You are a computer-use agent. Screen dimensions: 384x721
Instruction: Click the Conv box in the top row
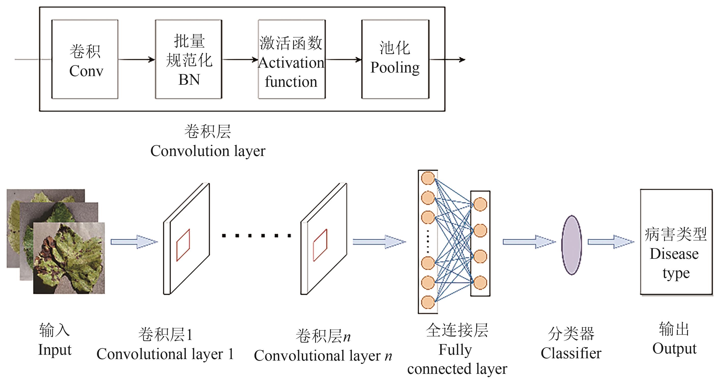point(85,59)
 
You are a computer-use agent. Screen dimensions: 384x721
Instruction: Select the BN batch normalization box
point(189,59)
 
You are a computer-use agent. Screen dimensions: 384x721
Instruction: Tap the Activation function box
point(292,59)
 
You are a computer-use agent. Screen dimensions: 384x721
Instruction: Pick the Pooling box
point(395,59)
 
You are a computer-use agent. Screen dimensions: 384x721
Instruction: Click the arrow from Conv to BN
point(137,59)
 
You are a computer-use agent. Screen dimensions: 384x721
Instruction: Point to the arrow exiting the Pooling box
point(447,59)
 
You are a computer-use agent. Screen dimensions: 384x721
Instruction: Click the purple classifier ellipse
point(571,245)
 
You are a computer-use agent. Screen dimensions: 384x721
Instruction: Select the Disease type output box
point(676,242)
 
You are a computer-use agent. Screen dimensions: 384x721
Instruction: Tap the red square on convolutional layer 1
point(183,245)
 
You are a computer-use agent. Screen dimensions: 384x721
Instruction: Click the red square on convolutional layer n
point(320,245)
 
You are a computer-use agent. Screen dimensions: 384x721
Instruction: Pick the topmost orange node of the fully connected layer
point(428,178)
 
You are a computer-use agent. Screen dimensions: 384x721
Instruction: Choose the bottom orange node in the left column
point(428,302)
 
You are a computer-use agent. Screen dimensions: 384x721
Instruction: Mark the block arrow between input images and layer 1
point(134,242)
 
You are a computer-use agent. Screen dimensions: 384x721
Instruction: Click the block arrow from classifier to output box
point(611,242)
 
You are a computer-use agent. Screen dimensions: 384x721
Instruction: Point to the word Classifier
point(571,353)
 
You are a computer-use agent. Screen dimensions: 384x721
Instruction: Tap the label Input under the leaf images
point(55,350)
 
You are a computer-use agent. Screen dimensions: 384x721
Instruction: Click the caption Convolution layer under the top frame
point(208,151)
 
